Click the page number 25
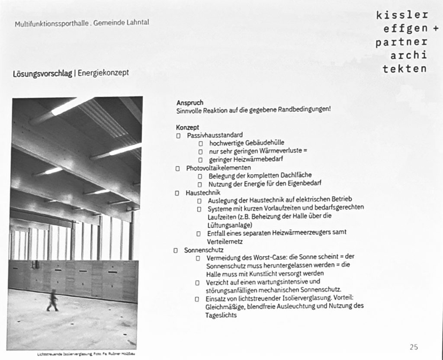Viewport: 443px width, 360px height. (414, 347)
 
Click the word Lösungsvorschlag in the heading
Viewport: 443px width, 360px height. (42, 73)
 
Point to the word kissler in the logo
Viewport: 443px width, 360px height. (402, 15)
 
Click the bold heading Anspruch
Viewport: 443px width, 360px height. (189, 103)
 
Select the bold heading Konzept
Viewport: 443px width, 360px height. (187, 127)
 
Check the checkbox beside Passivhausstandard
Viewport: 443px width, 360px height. (178, 135)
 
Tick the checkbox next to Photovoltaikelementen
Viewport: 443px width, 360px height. (178, 168)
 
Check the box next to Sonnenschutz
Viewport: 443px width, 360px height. (175, 250)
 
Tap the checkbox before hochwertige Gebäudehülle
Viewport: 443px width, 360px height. (201, 143)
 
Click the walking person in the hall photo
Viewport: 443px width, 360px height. (53, 300)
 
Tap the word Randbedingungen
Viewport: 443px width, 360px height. (305, 110)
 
